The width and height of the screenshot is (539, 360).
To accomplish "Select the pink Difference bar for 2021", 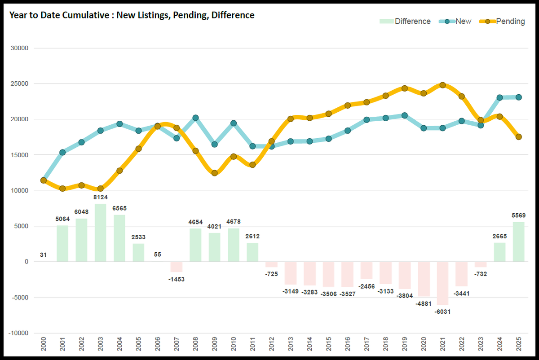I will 442,283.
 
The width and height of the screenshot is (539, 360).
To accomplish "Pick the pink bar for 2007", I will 177,267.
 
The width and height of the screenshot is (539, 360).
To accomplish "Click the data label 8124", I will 101,197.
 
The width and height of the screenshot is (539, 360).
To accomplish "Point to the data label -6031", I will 442,312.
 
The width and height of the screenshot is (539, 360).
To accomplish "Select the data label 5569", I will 518,215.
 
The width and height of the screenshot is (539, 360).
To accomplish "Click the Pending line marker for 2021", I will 442,85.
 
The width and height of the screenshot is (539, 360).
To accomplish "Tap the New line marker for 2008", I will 195,118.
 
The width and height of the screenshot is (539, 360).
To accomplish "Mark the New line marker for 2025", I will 518,97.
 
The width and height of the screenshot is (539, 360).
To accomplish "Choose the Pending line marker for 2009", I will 214,173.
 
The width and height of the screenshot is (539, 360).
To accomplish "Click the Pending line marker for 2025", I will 518,137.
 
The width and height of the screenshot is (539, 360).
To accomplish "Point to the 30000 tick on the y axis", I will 19,48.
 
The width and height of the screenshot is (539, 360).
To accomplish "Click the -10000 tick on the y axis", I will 18,333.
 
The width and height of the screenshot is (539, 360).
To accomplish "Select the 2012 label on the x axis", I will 271,346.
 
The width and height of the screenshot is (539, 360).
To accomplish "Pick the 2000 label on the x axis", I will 43,346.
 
